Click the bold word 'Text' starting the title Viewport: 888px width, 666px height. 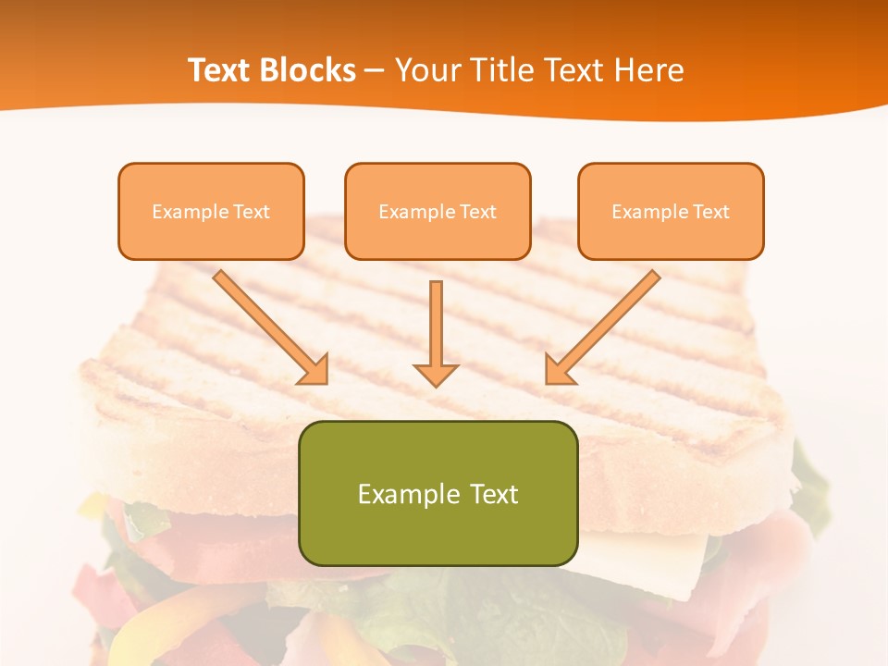tap(221, 70)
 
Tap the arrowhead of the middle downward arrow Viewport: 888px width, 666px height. tap(436, 375)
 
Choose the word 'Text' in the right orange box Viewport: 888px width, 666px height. tap(710, 212)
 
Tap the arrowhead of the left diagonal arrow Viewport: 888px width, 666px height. tap(314, 370)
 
